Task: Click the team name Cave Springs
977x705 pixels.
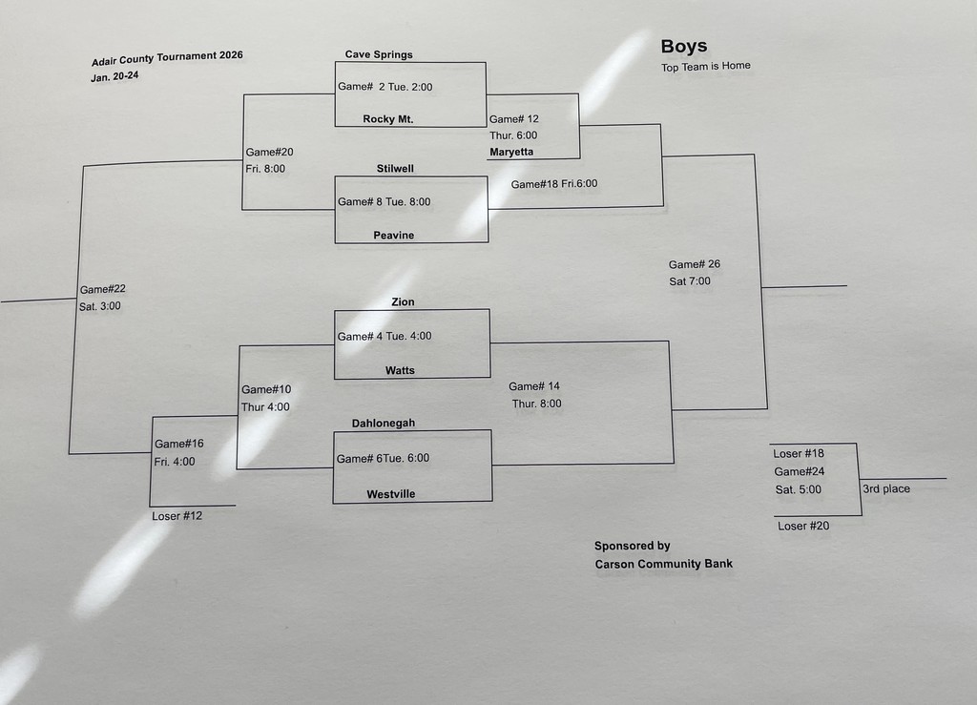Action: point(379,54)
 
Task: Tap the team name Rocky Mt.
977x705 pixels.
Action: point(387,119)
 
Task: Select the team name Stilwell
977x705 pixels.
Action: point(395,169)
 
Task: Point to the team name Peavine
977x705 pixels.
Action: point(393,235)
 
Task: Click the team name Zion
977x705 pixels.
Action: point(403,301)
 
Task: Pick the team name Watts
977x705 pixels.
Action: point(400,370)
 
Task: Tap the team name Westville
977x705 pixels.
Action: point(391,494)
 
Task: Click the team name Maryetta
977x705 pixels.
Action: point(511,152)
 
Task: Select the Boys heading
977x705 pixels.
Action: point(684,46)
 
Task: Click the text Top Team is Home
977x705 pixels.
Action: point(706,67)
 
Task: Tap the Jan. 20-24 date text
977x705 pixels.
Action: point(114,76)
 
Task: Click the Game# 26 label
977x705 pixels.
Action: point(695,264)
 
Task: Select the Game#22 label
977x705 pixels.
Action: point(103,289)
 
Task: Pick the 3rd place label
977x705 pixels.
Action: point(886,489)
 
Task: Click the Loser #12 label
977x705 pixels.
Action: point(177,516)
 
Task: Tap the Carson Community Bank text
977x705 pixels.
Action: point(664,564)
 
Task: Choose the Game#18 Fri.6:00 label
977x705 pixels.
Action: point(554,183)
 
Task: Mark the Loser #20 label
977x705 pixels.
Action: point(802,526)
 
